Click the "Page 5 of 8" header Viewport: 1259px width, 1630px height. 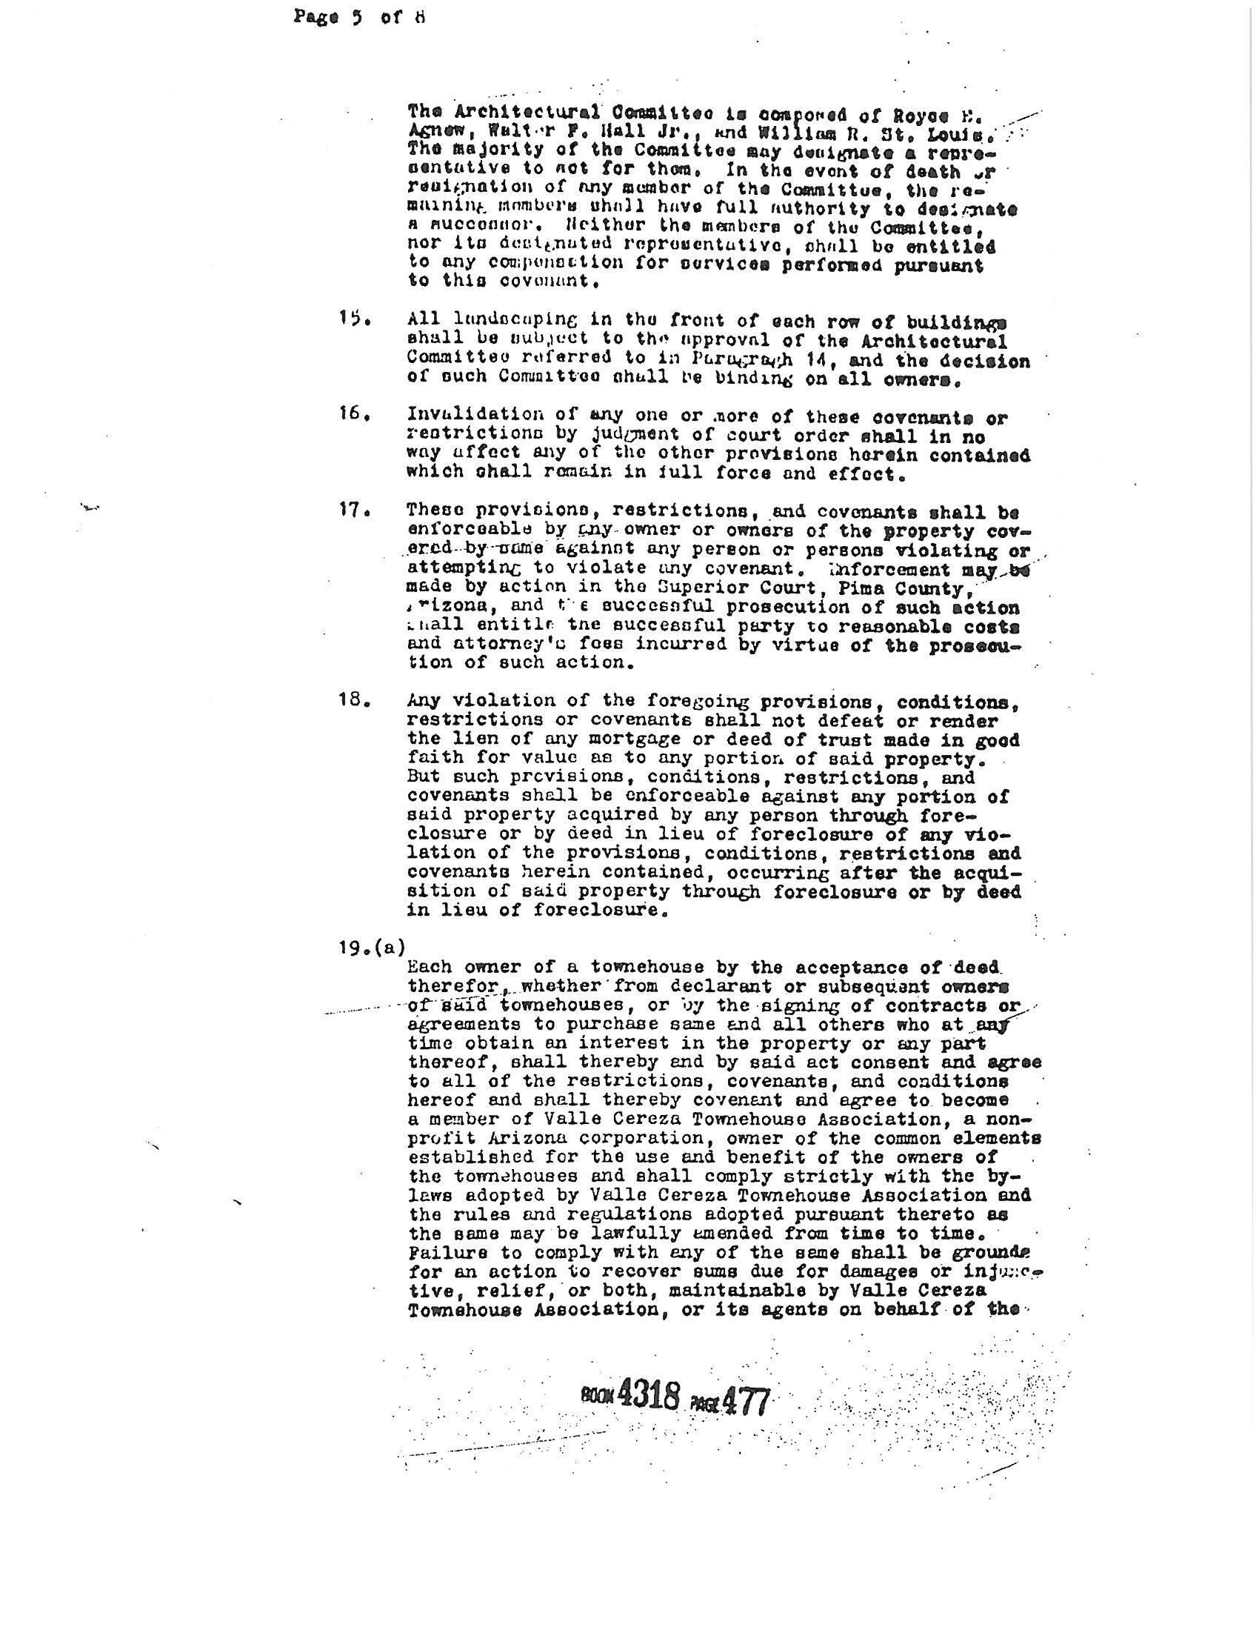(x=358, y=16)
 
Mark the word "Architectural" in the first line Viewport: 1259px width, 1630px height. (x=527, y=112)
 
